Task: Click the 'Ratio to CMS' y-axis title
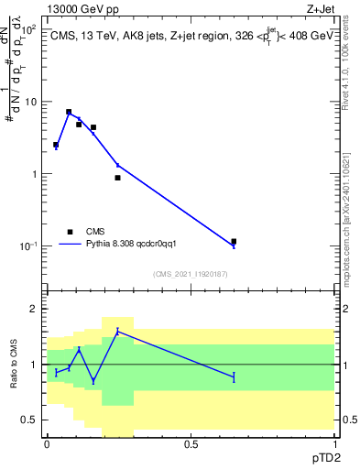point(13,365)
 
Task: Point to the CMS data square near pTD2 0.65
point(234,242)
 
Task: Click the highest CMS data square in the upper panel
point(69,112)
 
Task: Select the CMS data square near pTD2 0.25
point(117,178)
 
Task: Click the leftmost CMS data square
point(56,145)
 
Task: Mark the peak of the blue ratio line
point(117,330)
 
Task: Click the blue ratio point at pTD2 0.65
point(234,376)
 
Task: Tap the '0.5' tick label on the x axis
point(191,443)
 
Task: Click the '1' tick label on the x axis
point(334,443)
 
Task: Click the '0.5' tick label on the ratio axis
point(29,420)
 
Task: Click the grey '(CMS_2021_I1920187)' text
point(191,274)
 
